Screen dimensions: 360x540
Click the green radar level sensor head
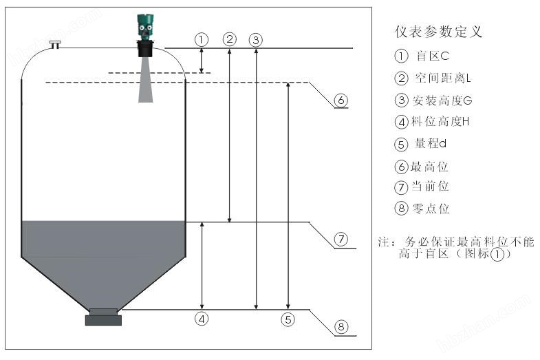[x=144, y=28]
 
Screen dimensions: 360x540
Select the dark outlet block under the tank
[x=103, y=318]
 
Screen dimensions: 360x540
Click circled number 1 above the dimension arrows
[x=201, y=39]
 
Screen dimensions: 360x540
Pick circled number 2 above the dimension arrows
[x=230, y=39]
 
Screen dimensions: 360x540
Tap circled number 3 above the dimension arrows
[x=256, y=39]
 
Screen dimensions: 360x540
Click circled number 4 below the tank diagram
[x=202, y=319]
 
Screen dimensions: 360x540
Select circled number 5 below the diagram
[x=288, y=319]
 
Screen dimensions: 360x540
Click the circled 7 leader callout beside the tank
[x=342, y=240]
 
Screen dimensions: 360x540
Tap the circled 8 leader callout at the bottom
[x=342, y=327]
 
